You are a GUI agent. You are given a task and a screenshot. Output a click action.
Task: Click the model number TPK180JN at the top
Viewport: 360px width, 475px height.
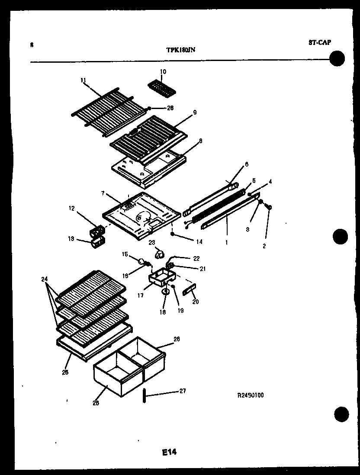(181, 49)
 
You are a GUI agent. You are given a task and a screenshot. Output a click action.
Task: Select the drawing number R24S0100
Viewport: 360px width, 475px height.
(250, 395)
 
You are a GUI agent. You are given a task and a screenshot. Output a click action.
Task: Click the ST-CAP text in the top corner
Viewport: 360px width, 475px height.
(320, 42)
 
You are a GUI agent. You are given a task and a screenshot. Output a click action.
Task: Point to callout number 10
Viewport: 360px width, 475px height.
(163, 71)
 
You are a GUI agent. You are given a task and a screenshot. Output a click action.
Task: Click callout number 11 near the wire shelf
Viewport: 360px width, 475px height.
(84, 80)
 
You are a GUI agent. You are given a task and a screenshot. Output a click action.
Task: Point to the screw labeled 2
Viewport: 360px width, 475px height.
(269, 209)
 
